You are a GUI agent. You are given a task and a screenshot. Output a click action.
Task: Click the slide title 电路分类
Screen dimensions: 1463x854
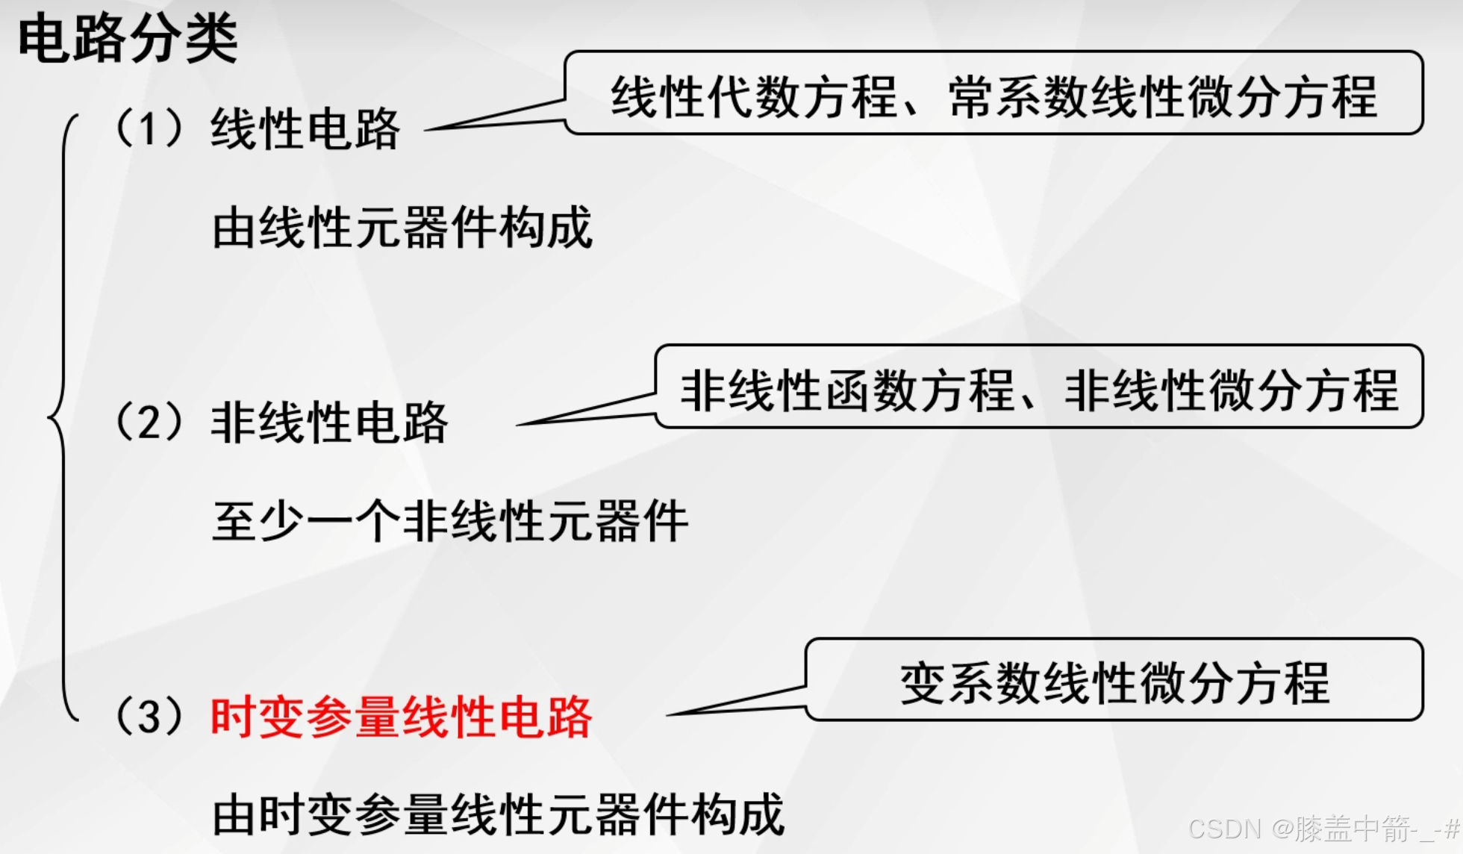(x=128, y=39)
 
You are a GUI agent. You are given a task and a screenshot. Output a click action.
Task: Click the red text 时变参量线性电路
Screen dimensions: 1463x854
(x=402, y=717)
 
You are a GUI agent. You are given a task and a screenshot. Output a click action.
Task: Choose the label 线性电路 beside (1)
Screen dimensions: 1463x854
(x=305, y=129)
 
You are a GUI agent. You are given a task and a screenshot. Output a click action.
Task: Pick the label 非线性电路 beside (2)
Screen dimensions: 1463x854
(x=329, y=423)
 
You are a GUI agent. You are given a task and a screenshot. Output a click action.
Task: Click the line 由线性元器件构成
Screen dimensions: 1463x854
(x=402, y=228)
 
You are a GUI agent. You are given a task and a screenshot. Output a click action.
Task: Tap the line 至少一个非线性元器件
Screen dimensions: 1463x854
(x=450, y=521)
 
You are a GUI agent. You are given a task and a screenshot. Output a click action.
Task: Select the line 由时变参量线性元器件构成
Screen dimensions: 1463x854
(x=498, y=814)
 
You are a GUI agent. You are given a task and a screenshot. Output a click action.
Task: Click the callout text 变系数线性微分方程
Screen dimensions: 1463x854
(x=1114, y=683)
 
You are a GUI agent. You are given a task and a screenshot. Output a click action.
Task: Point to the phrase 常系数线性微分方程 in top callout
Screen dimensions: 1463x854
(x=1163, y=97)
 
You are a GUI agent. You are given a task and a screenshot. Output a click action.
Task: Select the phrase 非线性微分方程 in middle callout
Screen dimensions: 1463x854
(x=1232, y=390)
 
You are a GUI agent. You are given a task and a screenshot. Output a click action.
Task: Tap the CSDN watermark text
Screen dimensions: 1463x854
(x=1323, y=829)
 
